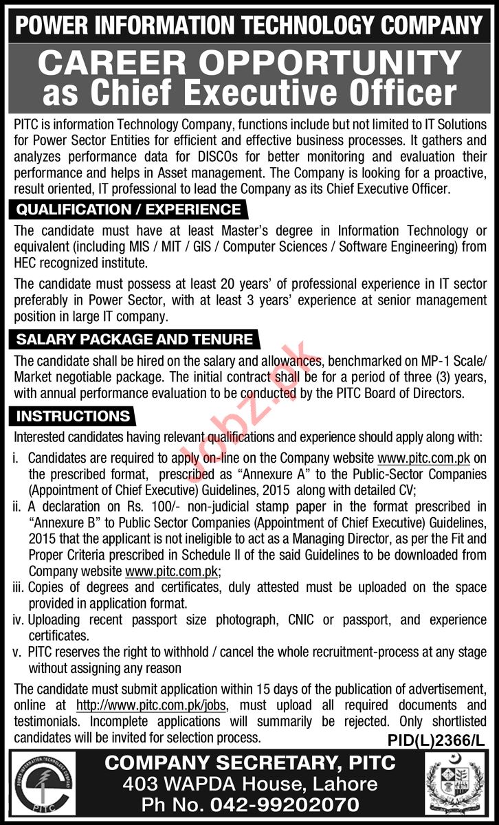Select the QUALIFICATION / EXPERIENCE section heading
129,210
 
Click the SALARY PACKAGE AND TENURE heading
134,339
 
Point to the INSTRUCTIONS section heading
73,416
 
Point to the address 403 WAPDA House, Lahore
249,784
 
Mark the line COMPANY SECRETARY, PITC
249,762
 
